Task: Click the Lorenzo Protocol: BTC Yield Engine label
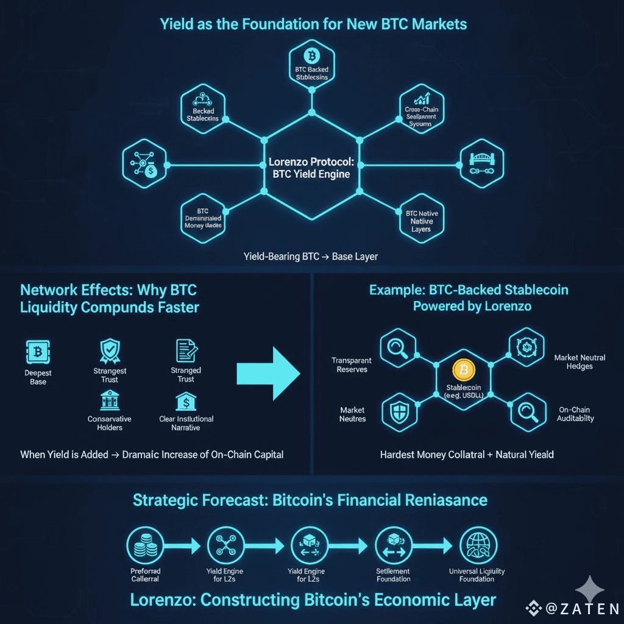tap(311, 169)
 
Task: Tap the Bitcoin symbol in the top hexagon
tap(311, 57)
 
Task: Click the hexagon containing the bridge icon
tap(481, 165)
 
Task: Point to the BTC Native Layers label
tap(421, 221)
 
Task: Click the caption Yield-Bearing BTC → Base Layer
tap(311, 257)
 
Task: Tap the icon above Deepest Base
tap(38, 352)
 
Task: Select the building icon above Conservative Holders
tap(109, 401)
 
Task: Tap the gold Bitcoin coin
tap(463, 370)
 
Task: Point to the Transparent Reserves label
tap(352, 365)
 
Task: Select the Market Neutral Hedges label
tap(580, 361)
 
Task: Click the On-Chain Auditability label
tap(576, 414)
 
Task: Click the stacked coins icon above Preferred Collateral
tap(144, 544)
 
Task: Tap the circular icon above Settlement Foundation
tap(392, 544)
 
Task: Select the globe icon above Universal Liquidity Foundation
tap(477, 544)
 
